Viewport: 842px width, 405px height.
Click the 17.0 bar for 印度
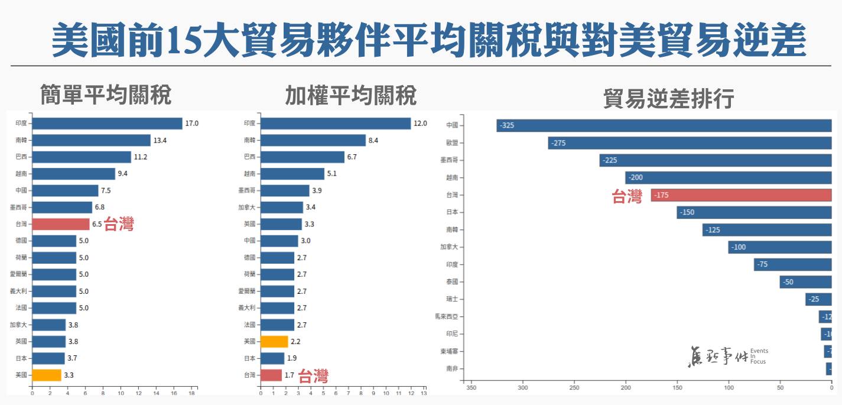coord(107,124)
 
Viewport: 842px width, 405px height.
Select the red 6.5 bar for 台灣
coord(60,224)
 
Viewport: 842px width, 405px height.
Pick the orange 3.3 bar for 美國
coord(47,375)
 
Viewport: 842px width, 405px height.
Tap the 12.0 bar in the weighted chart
coord(335,124)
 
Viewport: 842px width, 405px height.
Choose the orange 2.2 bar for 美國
coord(274,342)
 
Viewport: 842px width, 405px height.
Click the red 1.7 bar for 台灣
coord(271,375)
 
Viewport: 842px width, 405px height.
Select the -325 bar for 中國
coord(664,125)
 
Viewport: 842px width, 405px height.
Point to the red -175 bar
coord(741,195)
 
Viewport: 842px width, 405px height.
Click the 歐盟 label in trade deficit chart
coord(451,143)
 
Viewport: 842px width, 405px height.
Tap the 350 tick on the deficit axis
coord(471,388)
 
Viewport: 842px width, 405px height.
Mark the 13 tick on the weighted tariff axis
coord(423,393)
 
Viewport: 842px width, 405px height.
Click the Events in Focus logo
coord(728,356)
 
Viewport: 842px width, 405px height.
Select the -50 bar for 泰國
coord(805,282)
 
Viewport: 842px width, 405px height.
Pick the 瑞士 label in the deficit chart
coord(451,299)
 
